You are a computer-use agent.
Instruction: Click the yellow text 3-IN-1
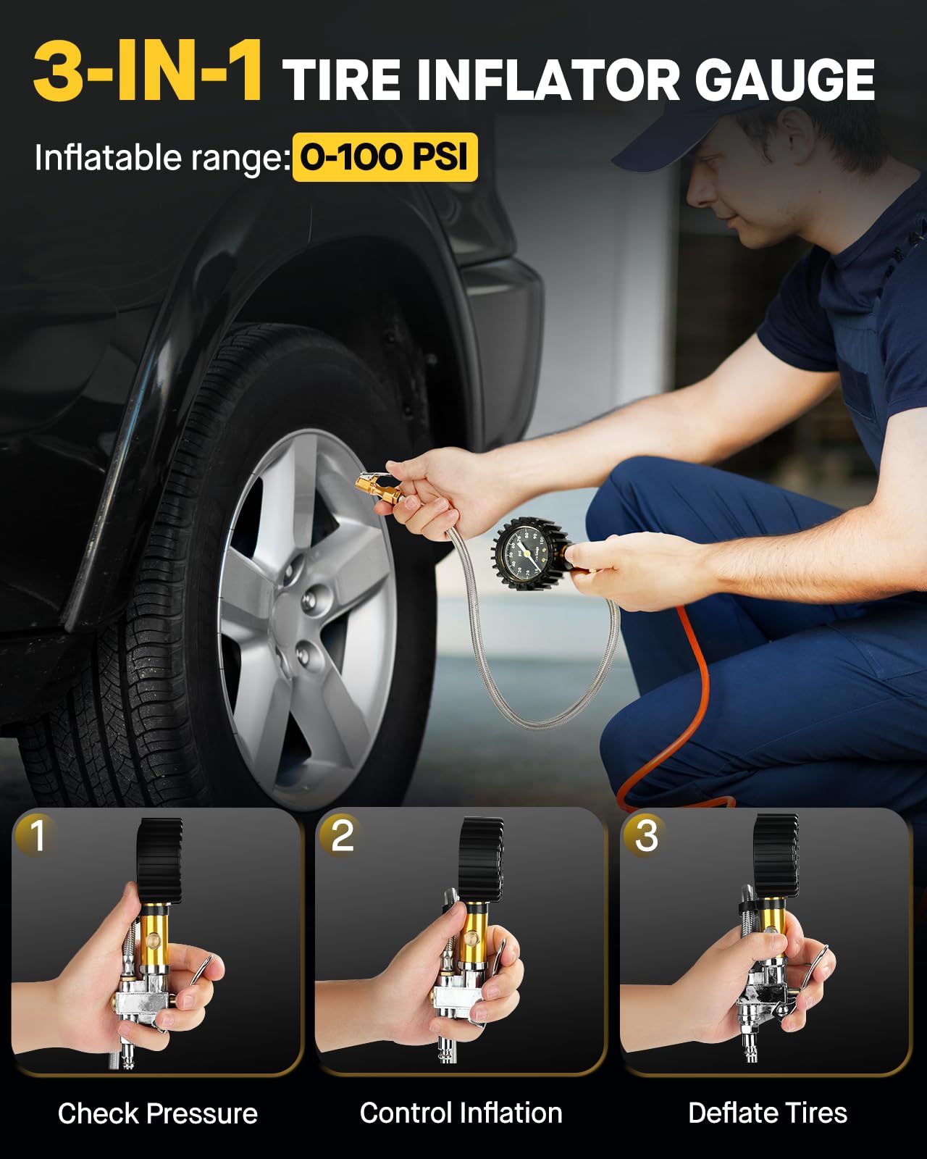pos(148,72)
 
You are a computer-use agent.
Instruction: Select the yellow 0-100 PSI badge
pos(385,156)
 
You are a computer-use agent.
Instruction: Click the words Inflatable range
pos(161,158)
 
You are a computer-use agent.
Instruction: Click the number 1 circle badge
pos(36,834)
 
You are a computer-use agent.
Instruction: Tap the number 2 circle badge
pos(341,834)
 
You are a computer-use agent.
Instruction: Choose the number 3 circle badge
pos(645,834)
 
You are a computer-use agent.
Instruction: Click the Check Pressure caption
pos(157,1113)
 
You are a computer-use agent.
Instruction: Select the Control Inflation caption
pos(461,1113)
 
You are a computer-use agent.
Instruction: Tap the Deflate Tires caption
pos(767,1113)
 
